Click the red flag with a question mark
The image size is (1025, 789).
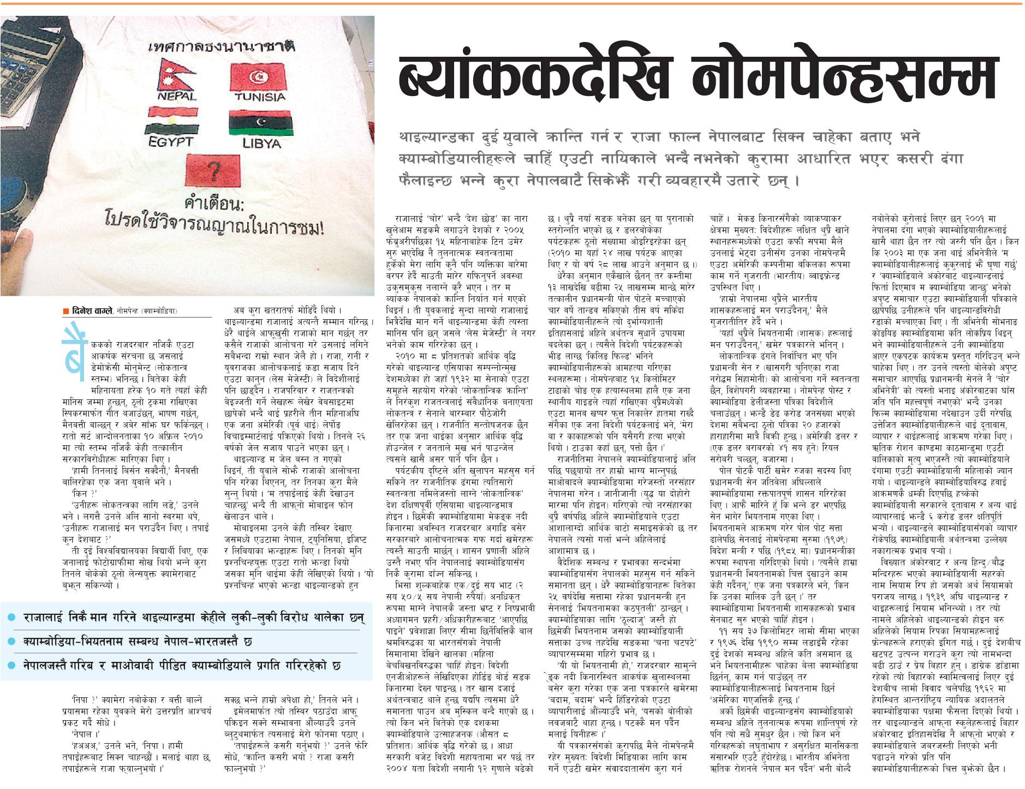(213, 170)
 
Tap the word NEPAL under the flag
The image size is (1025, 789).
(177, 97)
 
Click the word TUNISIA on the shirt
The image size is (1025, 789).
(260, 97)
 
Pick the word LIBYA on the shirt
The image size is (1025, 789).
(261, 144)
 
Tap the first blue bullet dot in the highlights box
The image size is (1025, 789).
(11, 618)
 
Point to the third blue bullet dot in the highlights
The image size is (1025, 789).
(11, 666)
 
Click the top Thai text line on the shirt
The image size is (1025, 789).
(222, 46)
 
